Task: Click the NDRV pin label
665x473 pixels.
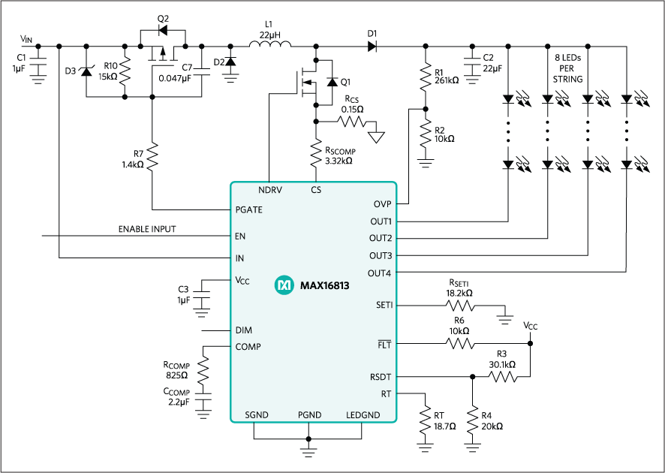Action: click(x=270, y=191)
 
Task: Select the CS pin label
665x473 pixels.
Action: click(x=316, y=191)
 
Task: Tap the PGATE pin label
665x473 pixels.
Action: click(x=249, y=210)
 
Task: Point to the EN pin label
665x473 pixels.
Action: click(x=240, y=236)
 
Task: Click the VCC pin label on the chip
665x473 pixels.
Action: click(x=242, y=281)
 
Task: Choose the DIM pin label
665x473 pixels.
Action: click(x=243, y=330)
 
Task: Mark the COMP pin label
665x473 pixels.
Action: click(x=248, y=347)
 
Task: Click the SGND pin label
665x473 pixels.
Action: click(x=257, y=415)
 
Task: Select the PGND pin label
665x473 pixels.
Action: click(x=309, y=415)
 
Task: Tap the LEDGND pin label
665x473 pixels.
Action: click(x=363, y=415)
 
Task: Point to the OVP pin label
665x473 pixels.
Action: click(x=382, y=204)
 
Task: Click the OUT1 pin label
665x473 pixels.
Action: click(x=381, y=221)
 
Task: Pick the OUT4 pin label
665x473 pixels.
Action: click(x=381, y=273)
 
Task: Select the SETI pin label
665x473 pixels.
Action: click(x=384, y=306)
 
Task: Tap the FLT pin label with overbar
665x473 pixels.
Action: click(x=384, y=345)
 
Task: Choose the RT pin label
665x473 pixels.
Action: click(x=386, y=393)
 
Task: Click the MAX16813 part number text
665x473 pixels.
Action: click(x=324, y=286)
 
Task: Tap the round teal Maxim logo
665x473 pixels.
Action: click(x=284, y=285)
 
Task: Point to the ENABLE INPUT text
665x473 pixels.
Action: click(x=146, y=229)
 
